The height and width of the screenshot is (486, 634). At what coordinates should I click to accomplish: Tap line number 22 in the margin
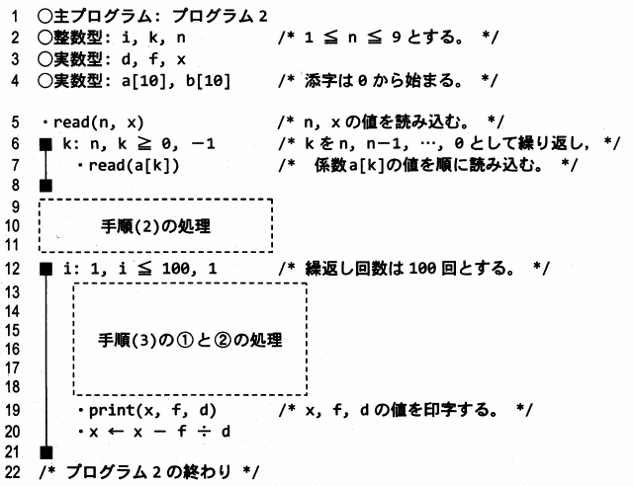pos(12,473)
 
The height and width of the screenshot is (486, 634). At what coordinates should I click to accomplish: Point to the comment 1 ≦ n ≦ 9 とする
pos(389,38)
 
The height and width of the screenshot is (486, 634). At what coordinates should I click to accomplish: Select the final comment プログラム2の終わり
pos(149,473)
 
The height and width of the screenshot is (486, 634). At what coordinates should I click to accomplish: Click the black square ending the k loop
pos(45,185)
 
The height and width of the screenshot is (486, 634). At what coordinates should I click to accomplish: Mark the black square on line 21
pos(45,451)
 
